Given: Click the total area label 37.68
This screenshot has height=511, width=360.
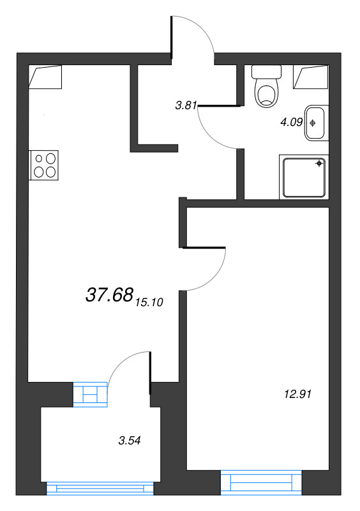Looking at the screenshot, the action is click(x=109, y=295).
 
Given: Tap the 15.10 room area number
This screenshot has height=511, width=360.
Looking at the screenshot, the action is click(x=149, y=302).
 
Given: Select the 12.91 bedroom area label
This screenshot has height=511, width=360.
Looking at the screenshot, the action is click(x=298, y=394).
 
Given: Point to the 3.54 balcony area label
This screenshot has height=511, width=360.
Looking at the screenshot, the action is click(x=130, y=441).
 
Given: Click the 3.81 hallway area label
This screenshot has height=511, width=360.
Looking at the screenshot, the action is click(x=186, y=105).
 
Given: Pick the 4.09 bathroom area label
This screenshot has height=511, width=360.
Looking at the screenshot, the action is click(x=292, y=123).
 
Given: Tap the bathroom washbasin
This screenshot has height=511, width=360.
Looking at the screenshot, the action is click(x=317, y=123).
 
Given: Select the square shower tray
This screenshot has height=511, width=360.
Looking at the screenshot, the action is click(x=304, y=177).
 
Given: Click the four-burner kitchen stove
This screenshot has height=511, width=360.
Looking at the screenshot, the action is click(x=44, y=165).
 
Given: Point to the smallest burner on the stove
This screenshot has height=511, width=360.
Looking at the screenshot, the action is click(x=39, y=158).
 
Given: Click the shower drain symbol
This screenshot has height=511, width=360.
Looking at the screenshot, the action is click(x=320, y=164).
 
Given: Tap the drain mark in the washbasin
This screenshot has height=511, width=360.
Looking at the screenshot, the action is click(x=313, y=123).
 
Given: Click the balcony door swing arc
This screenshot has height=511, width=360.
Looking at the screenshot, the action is click(x=119, y=361).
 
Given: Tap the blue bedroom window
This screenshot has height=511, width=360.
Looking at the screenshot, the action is click(x=261, y=483).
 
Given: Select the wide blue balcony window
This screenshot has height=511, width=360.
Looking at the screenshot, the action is click(x=100, y=489).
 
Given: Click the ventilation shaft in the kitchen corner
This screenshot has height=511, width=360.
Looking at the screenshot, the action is click(x=45, y=77).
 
